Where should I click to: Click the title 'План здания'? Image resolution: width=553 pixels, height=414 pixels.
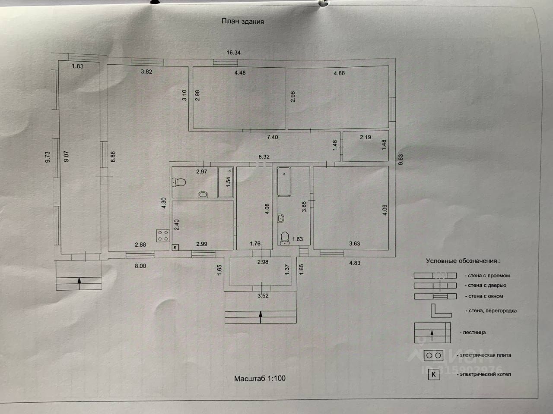click(x=242, y=21)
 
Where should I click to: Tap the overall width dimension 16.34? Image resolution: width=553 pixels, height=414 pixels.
click(x=233, y=53)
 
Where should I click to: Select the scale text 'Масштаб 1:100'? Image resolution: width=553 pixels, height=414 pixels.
click(x=260, y=379)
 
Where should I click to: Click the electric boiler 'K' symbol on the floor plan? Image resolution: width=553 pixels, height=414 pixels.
click(x=175, y=247)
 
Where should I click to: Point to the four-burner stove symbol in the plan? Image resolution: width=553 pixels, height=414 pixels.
click(x=163, y=235)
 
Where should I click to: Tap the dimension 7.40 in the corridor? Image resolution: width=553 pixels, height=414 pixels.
click(x=272, y=137)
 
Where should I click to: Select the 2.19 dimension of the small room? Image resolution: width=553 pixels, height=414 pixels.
click(x=365, y=137)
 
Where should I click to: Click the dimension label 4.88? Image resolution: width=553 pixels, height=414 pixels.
click(x=339, y=73)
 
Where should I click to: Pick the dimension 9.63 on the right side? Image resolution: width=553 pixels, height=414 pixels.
click(x=400, y=160)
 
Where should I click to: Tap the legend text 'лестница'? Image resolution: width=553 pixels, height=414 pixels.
click(x=474, y=332)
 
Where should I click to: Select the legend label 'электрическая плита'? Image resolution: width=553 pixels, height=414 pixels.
click(x=485, y=355)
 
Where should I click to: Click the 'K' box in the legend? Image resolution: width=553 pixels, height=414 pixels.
click(x=433, y=374)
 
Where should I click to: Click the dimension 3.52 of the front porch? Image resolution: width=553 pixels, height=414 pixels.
click(x=263, y=296)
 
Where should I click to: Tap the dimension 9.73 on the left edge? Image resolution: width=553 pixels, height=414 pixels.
click(x=48, y=156)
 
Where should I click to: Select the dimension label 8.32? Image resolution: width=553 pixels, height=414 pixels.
click(x=264, y=157)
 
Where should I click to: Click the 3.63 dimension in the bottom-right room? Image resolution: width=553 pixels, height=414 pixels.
click(x=354, y=244)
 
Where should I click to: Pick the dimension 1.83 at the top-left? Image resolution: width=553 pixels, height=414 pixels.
click(x=78, y=66)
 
